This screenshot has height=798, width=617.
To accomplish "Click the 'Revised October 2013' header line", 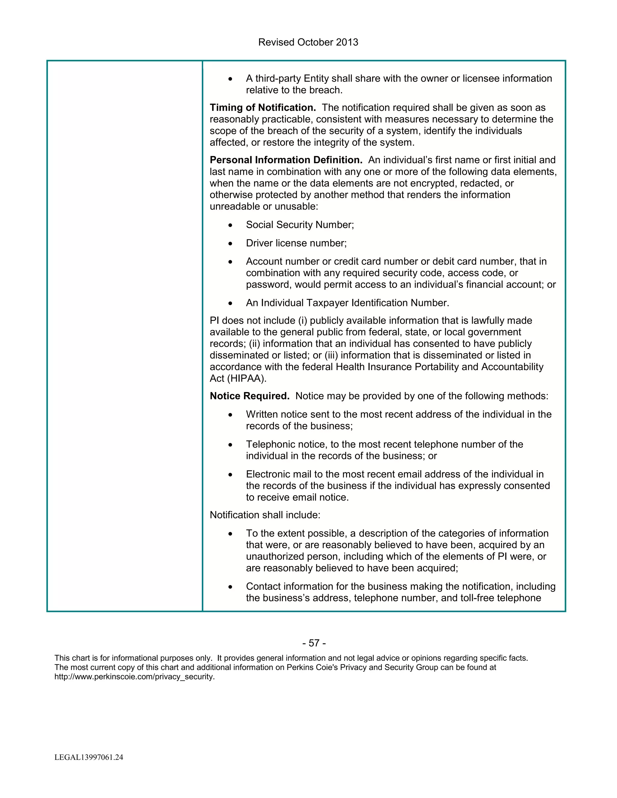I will click(x=308, y=42).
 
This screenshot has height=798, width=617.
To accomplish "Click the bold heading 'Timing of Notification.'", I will click(x=262, y=108).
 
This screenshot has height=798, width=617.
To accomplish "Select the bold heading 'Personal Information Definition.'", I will click(x=286, y=160).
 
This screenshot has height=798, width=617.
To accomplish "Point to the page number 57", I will click(x=314, y=643).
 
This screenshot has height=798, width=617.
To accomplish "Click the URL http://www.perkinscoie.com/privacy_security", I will click(x=134, y=677).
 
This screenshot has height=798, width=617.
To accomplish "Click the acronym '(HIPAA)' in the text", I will click(x=247, y=379).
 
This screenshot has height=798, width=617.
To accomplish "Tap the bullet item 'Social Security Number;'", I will click(x=300, y=225).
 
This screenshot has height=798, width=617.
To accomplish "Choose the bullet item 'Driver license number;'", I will click(x=296, y=243).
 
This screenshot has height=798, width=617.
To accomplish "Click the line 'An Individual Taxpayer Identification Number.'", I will click(x=347, y=303).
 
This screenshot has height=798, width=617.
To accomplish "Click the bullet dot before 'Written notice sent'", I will click(x=230, y=415).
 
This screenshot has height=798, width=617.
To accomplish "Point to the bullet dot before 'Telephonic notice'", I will click(x=230, y=445).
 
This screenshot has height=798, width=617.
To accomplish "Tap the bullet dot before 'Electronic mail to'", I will click(x=230, y=475).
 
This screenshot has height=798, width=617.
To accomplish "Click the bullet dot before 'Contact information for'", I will click(x=230, y=587).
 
